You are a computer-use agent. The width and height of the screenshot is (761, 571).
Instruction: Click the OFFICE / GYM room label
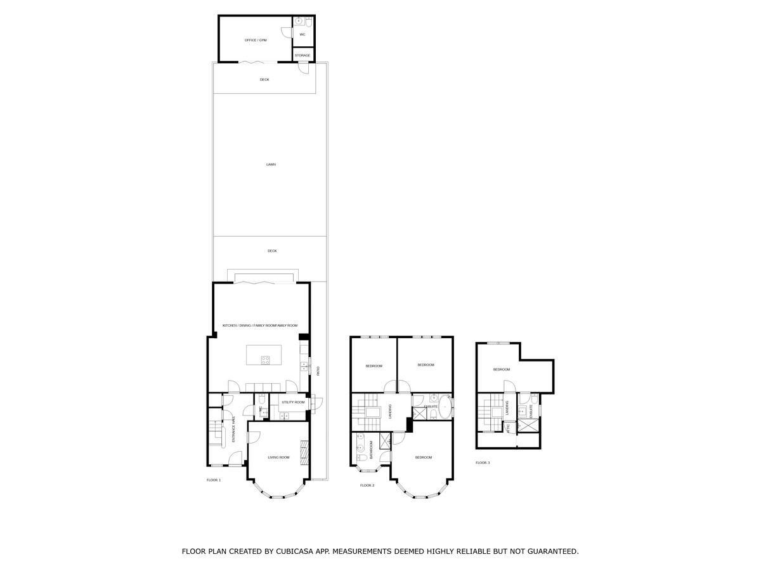point(256,40)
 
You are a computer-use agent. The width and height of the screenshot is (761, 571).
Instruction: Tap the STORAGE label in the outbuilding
point(302,56)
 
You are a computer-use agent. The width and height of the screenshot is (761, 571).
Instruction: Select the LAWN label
point(271,164)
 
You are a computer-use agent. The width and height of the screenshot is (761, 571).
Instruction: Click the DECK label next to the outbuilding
point(264,79)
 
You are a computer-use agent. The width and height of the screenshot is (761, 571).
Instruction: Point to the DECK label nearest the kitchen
point(272,251)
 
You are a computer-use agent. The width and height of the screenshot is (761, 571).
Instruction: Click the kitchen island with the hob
point(264,355)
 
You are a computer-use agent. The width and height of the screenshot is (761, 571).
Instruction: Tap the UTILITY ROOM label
point(293,402)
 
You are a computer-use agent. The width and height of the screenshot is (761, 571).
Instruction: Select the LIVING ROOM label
point(278,457)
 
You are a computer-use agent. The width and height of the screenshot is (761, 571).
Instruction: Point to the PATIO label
point(318,371)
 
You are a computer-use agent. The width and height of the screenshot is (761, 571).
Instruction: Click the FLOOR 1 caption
point(214,480)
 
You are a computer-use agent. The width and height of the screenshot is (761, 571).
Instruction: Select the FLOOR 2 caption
point(367,485)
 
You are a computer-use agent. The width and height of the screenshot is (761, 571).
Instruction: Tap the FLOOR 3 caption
point(483,463)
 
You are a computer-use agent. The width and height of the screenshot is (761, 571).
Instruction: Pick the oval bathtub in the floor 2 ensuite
point(446,407)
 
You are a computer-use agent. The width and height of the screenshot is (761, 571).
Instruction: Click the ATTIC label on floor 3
point(508,428)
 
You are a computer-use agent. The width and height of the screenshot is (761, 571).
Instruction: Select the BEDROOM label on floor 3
point(502,369)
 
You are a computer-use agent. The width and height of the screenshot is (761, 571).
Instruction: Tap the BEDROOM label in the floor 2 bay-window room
point(423,457)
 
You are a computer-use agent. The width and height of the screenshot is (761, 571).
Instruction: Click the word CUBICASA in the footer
point(296,551)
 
